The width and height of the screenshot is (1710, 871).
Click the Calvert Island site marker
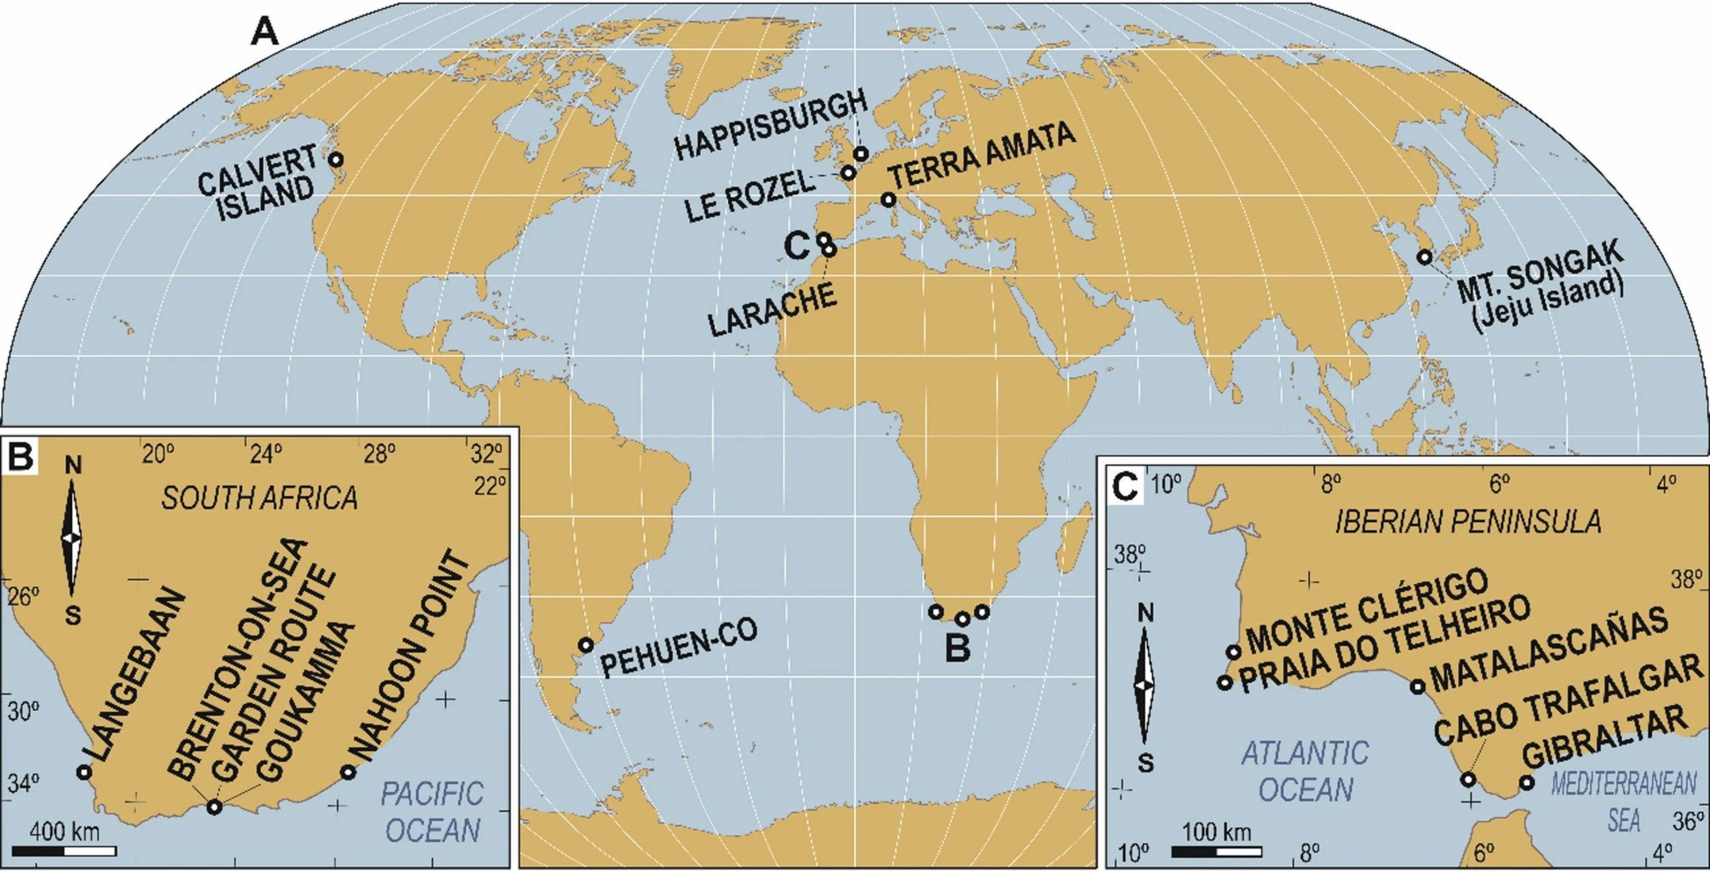[x=336, y=159]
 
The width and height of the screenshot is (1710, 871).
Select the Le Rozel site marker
[x=848, y=173]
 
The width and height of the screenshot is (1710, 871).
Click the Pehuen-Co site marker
[x=585, y=644]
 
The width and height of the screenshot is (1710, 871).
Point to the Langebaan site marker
[x=84, y=772]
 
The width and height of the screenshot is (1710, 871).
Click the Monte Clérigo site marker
[x=1234, y=652]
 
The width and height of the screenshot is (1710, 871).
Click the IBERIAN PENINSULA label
[x=1454, y=522]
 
